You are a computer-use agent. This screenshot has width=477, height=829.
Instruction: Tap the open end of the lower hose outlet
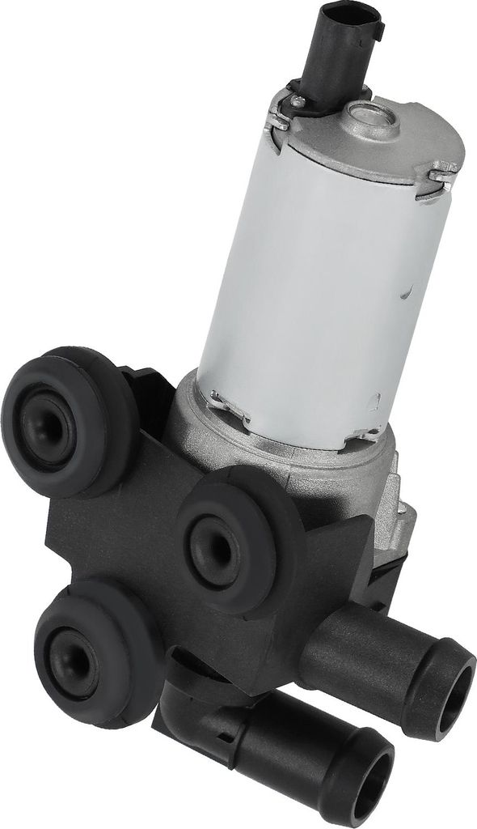(x=372, y=776)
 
